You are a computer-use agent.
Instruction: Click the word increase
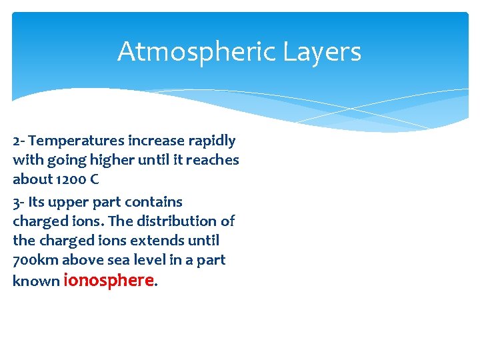pos(153,141)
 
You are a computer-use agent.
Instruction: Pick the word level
pos(145,260)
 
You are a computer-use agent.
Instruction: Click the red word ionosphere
pos(109,280)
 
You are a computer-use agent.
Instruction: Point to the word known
pos(36,281)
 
